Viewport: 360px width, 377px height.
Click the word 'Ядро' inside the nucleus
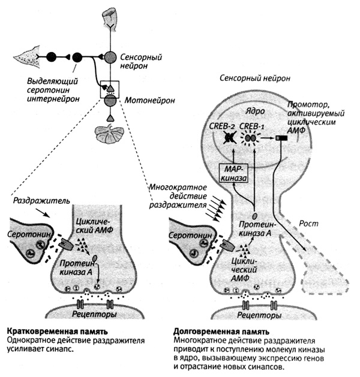pos(247,112)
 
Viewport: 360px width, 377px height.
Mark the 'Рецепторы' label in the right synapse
pos(258,315)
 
